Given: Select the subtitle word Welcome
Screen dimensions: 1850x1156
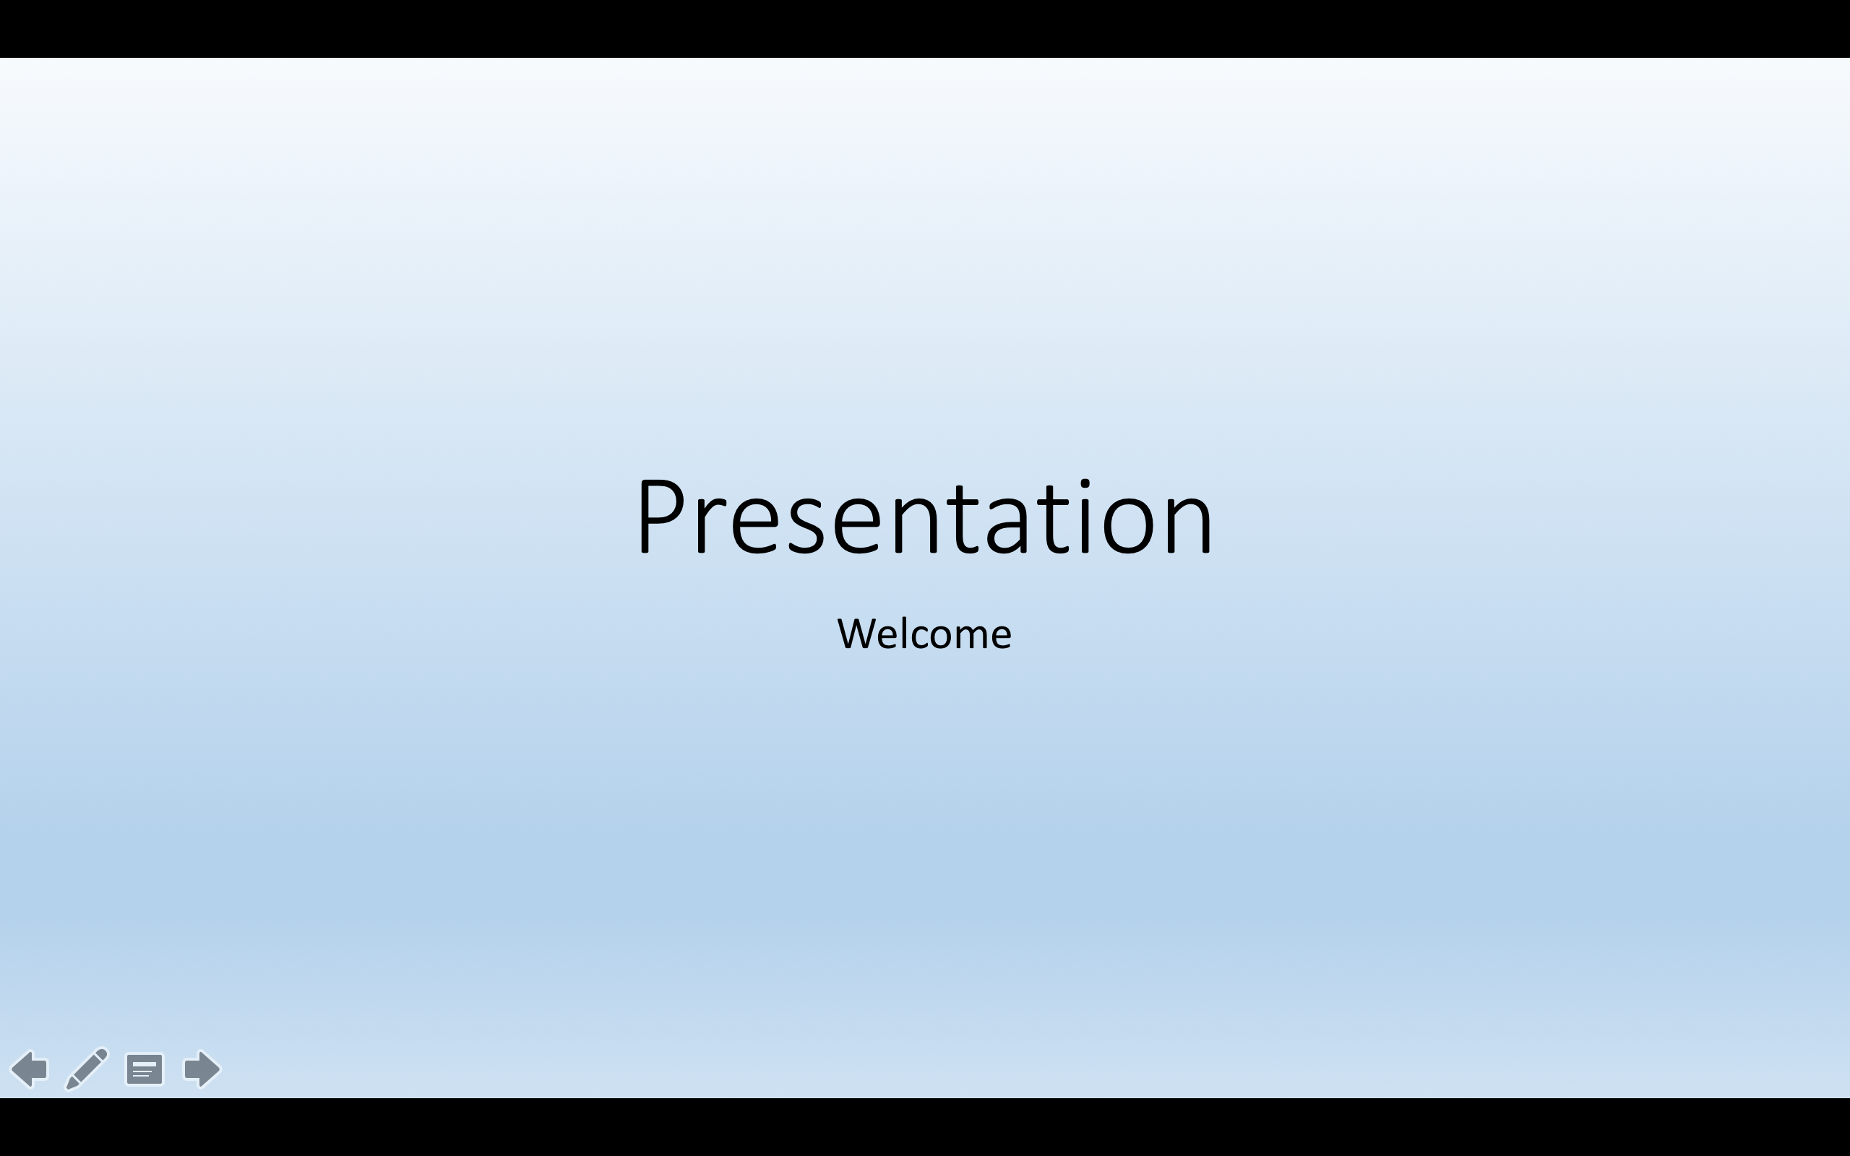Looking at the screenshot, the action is tap(924, 633).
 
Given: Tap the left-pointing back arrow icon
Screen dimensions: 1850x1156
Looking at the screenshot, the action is tap(30, 1068).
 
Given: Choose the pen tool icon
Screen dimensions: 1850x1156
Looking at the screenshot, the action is tap(87, 1068).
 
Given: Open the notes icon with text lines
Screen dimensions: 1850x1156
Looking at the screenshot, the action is tap(145, 1069).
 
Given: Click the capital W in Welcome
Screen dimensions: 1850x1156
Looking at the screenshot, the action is tap(857, 634).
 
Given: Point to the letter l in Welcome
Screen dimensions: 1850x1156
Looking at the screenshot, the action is tap(908, 632).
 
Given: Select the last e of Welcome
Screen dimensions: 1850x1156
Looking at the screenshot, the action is tap(999, 638).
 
